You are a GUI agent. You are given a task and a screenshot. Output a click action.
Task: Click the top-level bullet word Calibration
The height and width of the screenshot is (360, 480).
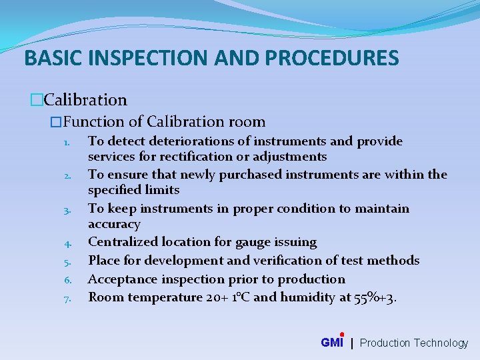click(x=85, y=100)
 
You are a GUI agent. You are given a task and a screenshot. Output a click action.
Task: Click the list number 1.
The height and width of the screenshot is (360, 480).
click(x=67, y=142)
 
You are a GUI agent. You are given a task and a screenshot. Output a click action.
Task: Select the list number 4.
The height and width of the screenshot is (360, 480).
click(x=67, y=243)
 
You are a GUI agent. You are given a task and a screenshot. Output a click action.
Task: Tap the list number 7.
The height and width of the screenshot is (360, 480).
click(x=67, y=298)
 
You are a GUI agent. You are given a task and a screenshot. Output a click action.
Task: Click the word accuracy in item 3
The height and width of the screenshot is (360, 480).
click(x=114, y=224)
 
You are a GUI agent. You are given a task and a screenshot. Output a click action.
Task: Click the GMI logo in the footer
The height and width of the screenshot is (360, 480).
click(x=332, y=342)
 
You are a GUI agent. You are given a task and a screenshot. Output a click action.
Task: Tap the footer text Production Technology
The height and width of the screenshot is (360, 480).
click(x=414, y=343)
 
